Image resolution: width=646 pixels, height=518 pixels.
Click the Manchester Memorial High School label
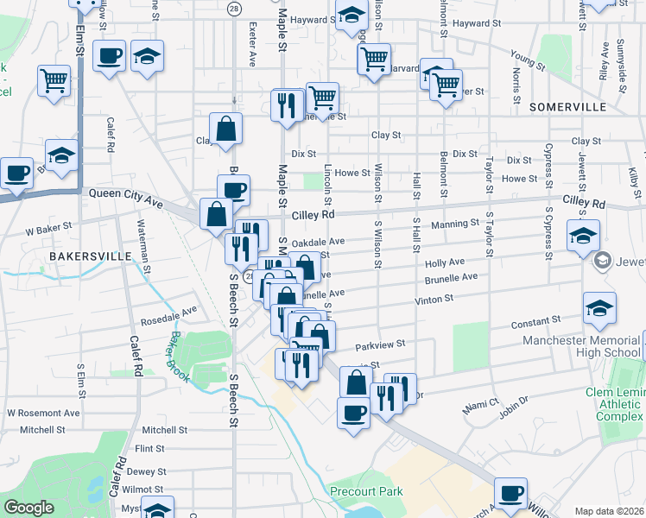click(x=581, y=346)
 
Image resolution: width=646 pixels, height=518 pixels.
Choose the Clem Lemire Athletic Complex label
click(x=620, y=404)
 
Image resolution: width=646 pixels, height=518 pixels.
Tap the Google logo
click(x=28, y=508)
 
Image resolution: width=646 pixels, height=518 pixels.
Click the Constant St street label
click(x=530, y=322)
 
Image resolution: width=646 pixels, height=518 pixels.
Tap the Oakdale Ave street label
click(x=318, y=243)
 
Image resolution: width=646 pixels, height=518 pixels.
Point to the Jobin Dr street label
click(x=513, y=412)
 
